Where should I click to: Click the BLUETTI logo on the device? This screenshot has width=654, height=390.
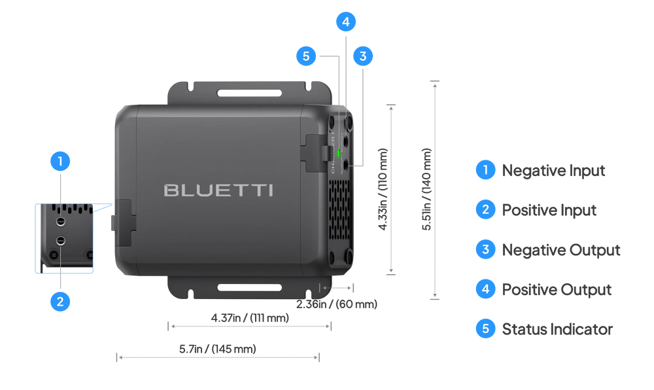coord(218,190)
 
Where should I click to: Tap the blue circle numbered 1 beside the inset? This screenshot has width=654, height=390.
coord(60,161)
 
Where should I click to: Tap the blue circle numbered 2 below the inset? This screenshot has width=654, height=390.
coord(60,302)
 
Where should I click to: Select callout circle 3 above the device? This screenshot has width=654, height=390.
coord(363,56)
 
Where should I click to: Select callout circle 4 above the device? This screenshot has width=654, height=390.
coord(346,22)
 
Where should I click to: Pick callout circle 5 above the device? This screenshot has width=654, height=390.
coord(305,56)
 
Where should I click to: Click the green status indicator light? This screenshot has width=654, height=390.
coord(339,154)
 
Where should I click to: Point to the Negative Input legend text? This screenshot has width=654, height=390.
coord(553,171)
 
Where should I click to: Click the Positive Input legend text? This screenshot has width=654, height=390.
coord(549,210)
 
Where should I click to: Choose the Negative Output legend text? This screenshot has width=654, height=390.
coord(560,250)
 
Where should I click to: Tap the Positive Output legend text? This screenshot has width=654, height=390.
coord(556,289)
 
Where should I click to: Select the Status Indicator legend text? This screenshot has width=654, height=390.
coord(557,329)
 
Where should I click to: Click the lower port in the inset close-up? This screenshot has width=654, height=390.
coord(60,241)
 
